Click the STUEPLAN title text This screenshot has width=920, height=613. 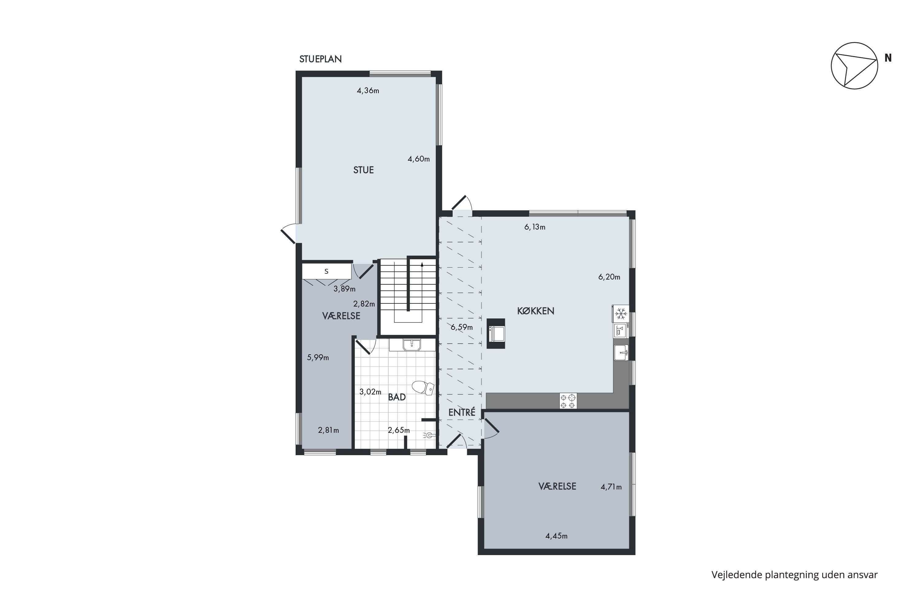pos(320,59)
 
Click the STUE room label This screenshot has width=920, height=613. pos(363,170)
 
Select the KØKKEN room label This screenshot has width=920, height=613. pos(535,311)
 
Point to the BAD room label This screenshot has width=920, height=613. pos(397,397)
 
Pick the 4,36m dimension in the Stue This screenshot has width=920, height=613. pos(368,91)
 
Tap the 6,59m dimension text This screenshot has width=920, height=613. pos(462,327)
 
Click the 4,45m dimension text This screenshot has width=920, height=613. pos(556,536)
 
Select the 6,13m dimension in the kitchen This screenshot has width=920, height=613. pos(535,227)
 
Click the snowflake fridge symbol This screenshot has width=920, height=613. pos(621,314)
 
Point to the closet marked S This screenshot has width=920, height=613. pos(326,271)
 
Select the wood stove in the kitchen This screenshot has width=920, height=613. pos(496,333)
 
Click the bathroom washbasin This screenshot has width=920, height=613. pos(412,345)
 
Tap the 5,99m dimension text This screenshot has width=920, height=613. pos(318,357)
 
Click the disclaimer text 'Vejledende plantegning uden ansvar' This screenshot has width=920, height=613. pos(795,575)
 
